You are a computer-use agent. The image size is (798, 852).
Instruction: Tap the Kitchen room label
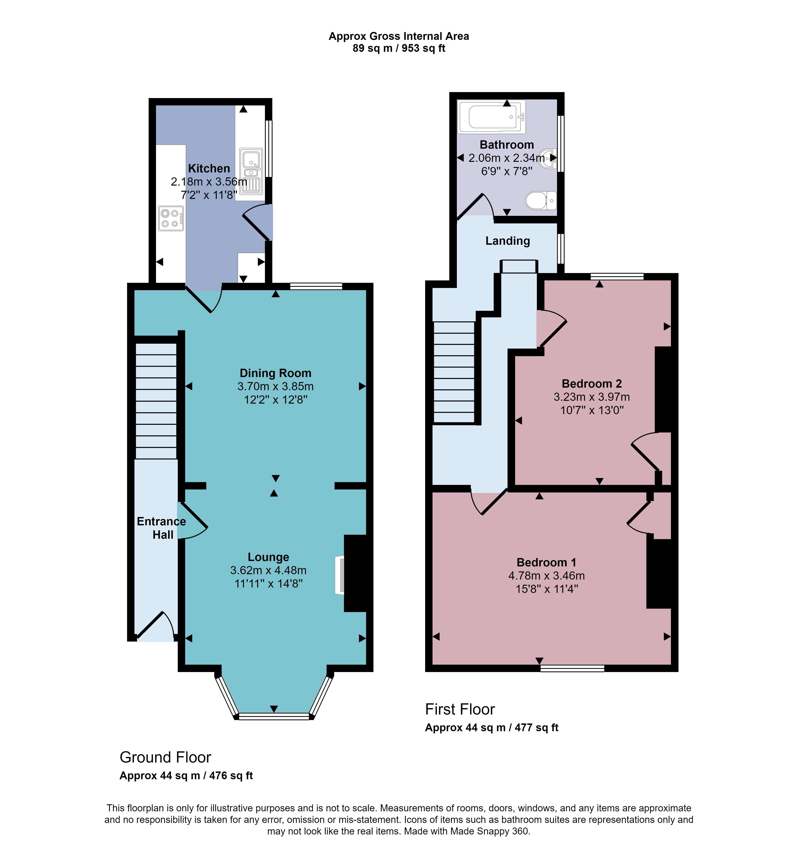[209, 168]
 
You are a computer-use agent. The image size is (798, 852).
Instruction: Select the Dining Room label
[276, 373]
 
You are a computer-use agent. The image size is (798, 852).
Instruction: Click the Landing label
[508, 241]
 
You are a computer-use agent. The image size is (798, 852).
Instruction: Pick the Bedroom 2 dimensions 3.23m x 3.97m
[592, 397]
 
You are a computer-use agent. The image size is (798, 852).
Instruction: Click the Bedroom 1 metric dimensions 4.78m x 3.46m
[547, 576]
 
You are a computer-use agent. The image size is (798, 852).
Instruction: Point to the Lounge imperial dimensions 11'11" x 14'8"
[269, 584]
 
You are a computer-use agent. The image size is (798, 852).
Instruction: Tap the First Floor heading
[460, 709]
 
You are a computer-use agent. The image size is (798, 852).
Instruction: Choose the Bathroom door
[475, 206]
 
